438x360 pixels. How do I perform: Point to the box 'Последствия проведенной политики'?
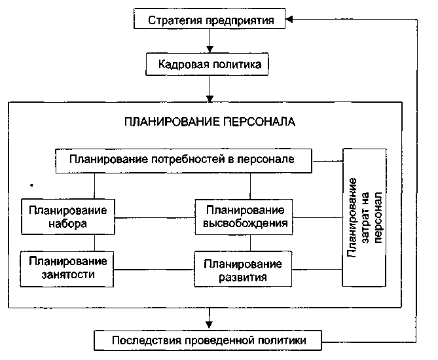209,340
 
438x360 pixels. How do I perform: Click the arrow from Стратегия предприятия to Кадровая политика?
210,43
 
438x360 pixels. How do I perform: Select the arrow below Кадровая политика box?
210,88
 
